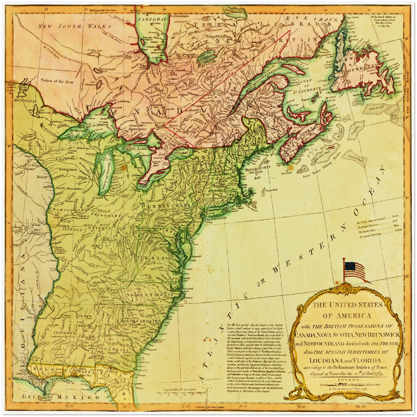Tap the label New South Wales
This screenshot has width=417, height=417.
75,27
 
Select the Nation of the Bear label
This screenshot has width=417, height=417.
57,82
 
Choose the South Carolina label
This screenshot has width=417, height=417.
141,321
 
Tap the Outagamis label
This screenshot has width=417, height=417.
68,169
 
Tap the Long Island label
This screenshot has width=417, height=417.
218,218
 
